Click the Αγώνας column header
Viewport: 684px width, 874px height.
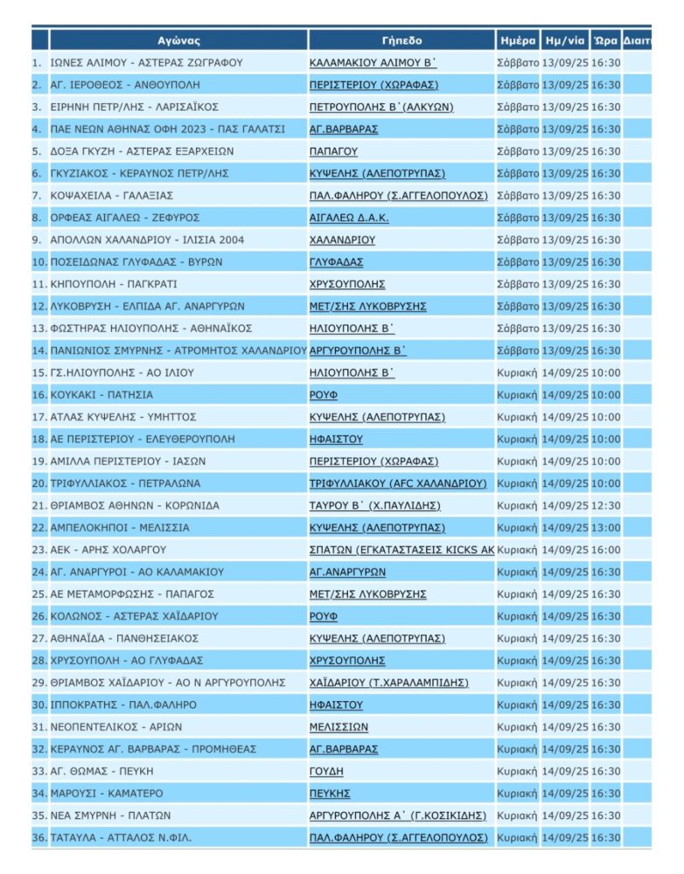click(x=178, y=40)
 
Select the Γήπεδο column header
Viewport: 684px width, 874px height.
click(x=401, y=40)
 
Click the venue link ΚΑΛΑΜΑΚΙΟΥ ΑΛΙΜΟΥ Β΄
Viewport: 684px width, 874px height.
click(x=373, y=63)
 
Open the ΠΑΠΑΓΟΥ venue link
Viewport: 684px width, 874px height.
click(x=333, y=151)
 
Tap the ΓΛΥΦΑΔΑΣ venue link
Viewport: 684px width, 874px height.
click(x=336, y=262)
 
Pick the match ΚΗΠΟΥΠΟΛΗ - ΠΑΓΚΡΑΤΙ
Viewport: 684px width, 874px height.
click(x=108, y=284)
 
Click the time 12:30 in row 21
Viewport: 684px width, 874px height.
click(x=605, y=505)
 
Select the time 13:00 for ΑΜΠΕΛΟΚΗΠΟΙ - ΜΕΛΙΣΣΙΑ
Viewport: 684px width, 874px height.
click(x=605, y=528)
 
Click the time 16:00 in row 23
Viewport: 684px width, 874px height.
click(x=605, y=550)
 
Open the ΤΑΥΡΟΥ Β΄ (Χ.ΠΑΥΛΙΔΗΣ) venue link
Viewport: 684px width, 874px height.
click(x=374, y=505)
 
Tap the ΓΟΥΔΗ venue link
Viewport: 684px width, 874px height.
click(x=326, y=771)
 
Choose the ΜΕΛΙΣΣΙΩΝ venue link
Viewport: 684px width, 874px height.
click(x=339, y=726)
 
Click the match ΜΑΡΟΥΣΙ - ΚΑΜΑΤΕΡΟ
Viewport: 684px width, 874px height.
click(x=108, y=793)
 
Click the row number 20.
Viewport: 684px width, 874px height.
click(x=38, y=483)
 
